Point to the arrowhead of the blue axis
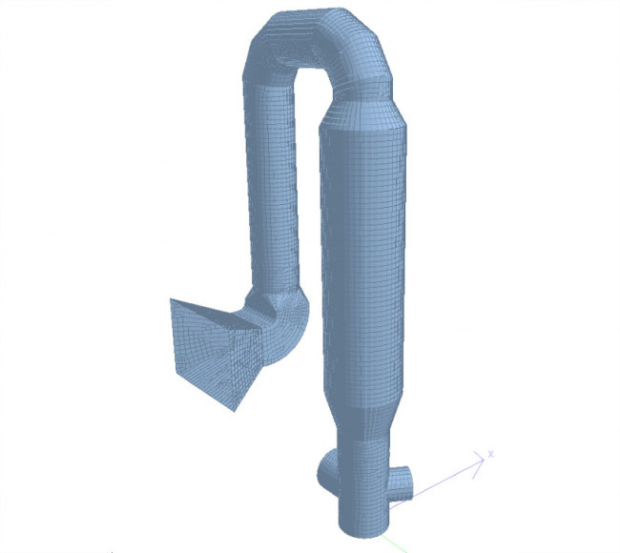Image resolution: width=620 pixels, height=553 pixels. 482,461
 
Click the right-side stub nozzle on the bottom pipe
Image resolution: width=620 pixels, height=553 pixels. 403,479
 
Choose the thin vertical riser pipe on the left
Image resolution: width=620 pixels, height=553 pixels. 273,191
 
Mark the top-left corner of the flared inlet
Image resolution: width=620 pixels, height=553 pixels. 172,300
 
